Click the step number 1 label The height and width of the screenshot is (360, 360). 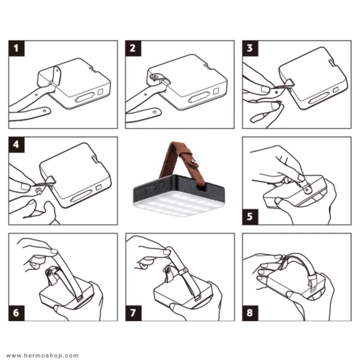pyautogui.click(x=16, y=48)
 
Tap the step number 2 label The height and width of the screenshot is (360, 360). pyautogui.click(x=133, y=48)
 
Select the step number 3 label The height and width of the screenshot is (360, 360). pyautogui.click(x=250, y=48)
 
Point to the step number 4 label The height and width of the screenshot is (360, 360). pyautogui.click(x=16, y=144)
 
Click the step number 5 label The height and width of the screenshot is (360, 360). pyautogui.click(x=250, y=217)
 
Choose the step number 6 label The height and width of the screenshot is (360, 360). pyautogui.click(x=16, y=313)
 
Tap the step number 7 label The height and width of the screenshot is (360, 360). pyautogui.click(x=133, y=313)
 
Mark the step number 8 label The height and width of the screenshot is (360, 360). pyautogui.click(x=250, y=313)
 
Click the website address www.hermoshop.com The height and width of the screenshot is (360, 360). pyautogui.click(x=42, y=355)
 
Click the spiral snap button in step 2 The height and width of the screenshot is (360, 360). pyautogui.click(x=154, y=76)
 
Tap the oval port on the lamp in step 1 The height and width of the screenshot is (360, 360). pyautogui.click(x=85, y=98)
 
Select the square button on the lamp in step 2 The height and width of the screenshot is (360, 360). pyautogui.click(x=216, y=91)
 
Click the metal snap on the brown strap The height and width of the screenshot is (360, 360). pyautogui.click(x=195, y=161)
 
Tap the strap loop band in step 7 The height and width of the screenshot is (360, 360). pyautogui.click(x=183, y=271)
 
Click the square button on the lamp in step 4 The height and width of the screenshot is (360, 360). pyautogui.click(x=99, y=187)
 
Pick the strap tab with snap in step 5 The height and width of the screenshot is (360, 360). pyautogui.click(x=306, y=188)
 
